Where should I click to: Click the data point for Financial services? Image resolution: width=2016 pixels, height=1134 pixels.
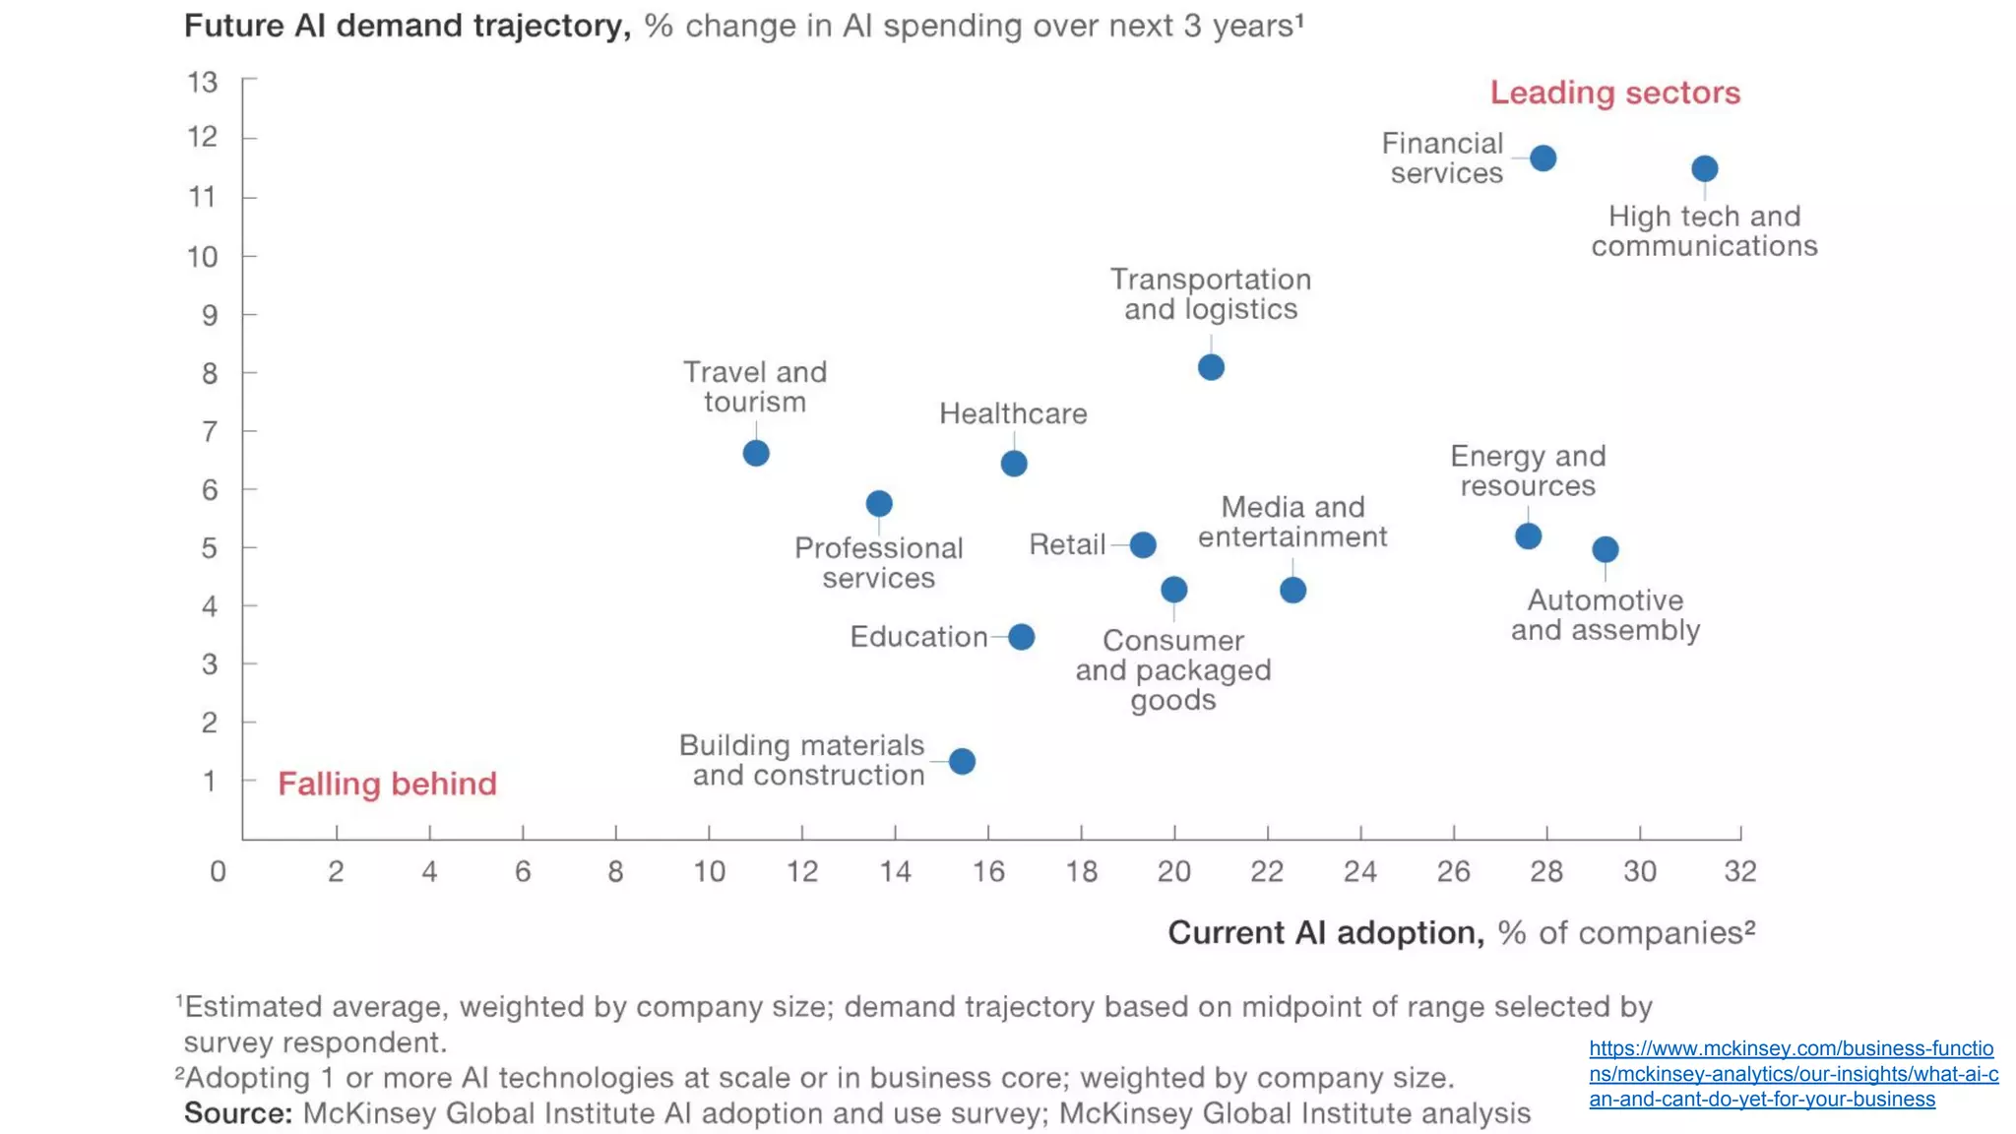point(1543,157)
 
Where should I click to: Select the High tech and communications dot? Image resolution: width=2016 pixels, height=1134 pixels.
point(1704,168)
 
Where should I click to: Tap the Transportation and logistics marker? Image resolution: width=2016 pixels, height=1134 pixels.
point(1211,367)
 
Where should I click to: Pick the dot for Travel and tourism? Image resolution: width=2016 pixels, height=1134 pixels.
point(756,453)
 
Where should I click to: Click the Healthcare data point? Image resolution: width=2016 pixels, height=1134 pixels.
point(1014,463)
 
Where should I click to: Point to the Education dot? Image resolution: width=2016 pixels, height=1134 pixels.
point(1022,637)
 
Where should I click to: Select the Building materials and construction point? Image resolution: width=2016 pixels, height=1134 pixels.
point(962,761)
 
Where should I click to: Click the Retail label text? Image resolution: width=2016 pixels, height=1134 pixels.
point(1067,544)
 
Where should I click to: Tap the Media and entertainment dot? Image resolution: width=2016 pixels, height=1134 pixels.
point(1292,590)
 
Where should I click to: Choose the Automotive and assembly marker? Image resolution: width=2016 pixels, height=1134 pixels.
point(1605,549)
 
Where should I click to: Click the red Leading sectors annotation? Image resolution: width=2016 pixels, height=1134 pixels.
point(1614,93)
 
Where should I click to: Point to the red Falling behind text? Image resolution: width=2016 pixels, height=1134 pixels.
point(387,784)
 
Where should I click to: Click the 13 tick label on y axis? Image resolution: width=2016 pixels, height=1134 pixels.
point(203,82)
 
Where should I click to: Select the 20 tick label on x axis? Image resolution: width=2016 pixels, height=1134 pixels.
point(1173,871)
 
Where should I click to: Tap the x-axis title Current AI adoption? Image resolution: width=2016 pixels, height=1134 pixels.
point(1325,932)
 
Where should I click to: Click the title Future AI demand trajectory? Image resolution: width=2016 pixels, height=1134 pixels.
point(407,26)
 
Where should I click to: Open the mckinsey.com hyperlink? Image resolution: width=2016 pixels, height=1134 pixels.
point(1792,1073)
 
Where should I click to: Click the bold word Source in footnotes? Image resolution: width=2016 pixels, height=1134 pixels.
point(237,1113)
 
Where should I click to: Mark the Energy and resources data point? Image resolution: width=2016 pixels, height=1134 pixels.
point(1528,536)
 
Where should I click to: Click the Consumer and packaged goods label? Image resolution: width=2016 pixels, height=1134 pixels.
point(1172,669)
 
